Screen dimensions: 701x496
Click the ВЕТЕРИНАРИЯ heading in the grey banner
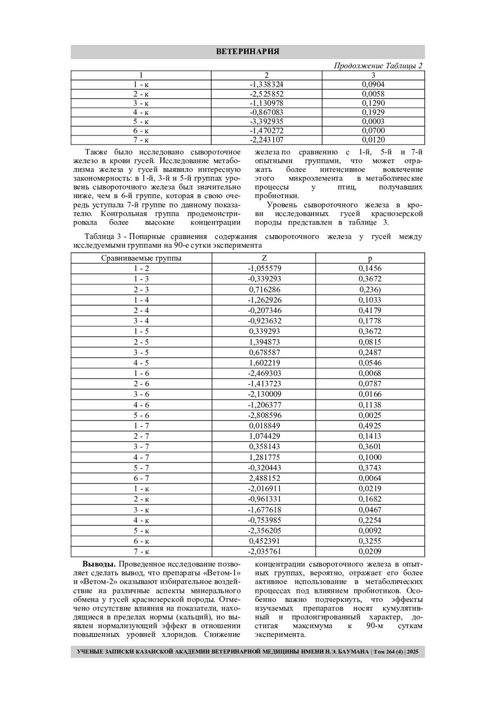pos(248,52)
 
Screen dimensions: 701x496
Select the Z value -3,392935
pos(267,121)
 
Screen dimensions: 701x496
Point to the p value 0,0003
pos(373,121)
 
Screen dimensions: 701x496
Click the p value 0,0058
pos(373,94)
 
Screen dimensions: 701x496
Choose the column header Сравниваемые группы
pos(141,258)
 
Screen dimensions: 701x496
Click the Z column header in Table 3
pos(264,258)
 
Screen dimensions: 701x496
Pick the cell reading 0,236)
pos(370,290)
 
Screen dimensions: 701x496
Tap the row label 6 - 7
pos(141,478)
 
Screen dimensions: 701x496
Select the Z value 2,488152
pos(265,478)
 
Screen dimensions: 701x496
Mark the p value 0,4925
pos(370,426)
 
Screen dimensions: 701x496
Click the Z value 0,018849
pos(265,426)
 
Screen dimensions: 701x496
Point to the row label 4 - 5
pos(141,363)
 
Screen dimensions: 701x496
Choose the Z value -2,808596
pos(265,416)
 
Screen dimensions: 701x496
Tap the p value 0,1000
pos(370,457)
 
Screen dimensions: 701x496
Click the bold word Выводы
pos(99,564)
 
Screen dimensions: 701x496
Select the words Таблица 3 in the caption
pos(103,237)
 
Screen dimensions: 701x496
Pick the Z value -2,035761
pos(265,551)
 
